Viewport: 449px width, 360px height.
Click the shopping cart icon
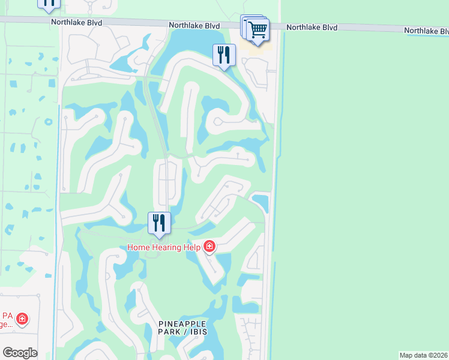(258, 29)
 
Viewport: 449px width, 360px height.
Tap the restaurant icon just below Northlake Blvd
(224, 56)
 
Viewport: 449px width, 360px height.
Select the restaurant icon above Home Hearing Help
(159, 223)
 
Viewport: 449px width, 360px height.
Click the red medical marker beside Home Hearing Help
(209, 246)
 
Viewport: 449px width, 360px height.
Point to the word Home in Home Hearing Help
(139, 247)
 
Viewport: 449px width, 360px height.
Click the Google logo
(20, 353)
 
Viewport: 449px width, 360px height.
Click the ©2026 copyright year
(439, 355)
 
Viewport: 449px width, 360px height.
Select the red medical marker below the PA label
(22, 319)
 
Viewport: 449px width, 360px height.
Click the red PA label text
(7, 316)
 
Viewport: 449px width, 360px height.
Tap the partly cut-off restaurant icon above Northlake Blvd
(49, 3)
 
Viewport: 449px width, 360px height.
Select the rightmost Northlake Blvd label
(426, 30)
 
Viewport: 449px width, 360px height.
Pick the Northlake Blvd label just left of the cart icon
(194, 25)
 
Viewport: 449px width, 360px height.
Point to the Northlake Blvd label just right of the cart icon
(312, 28)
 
